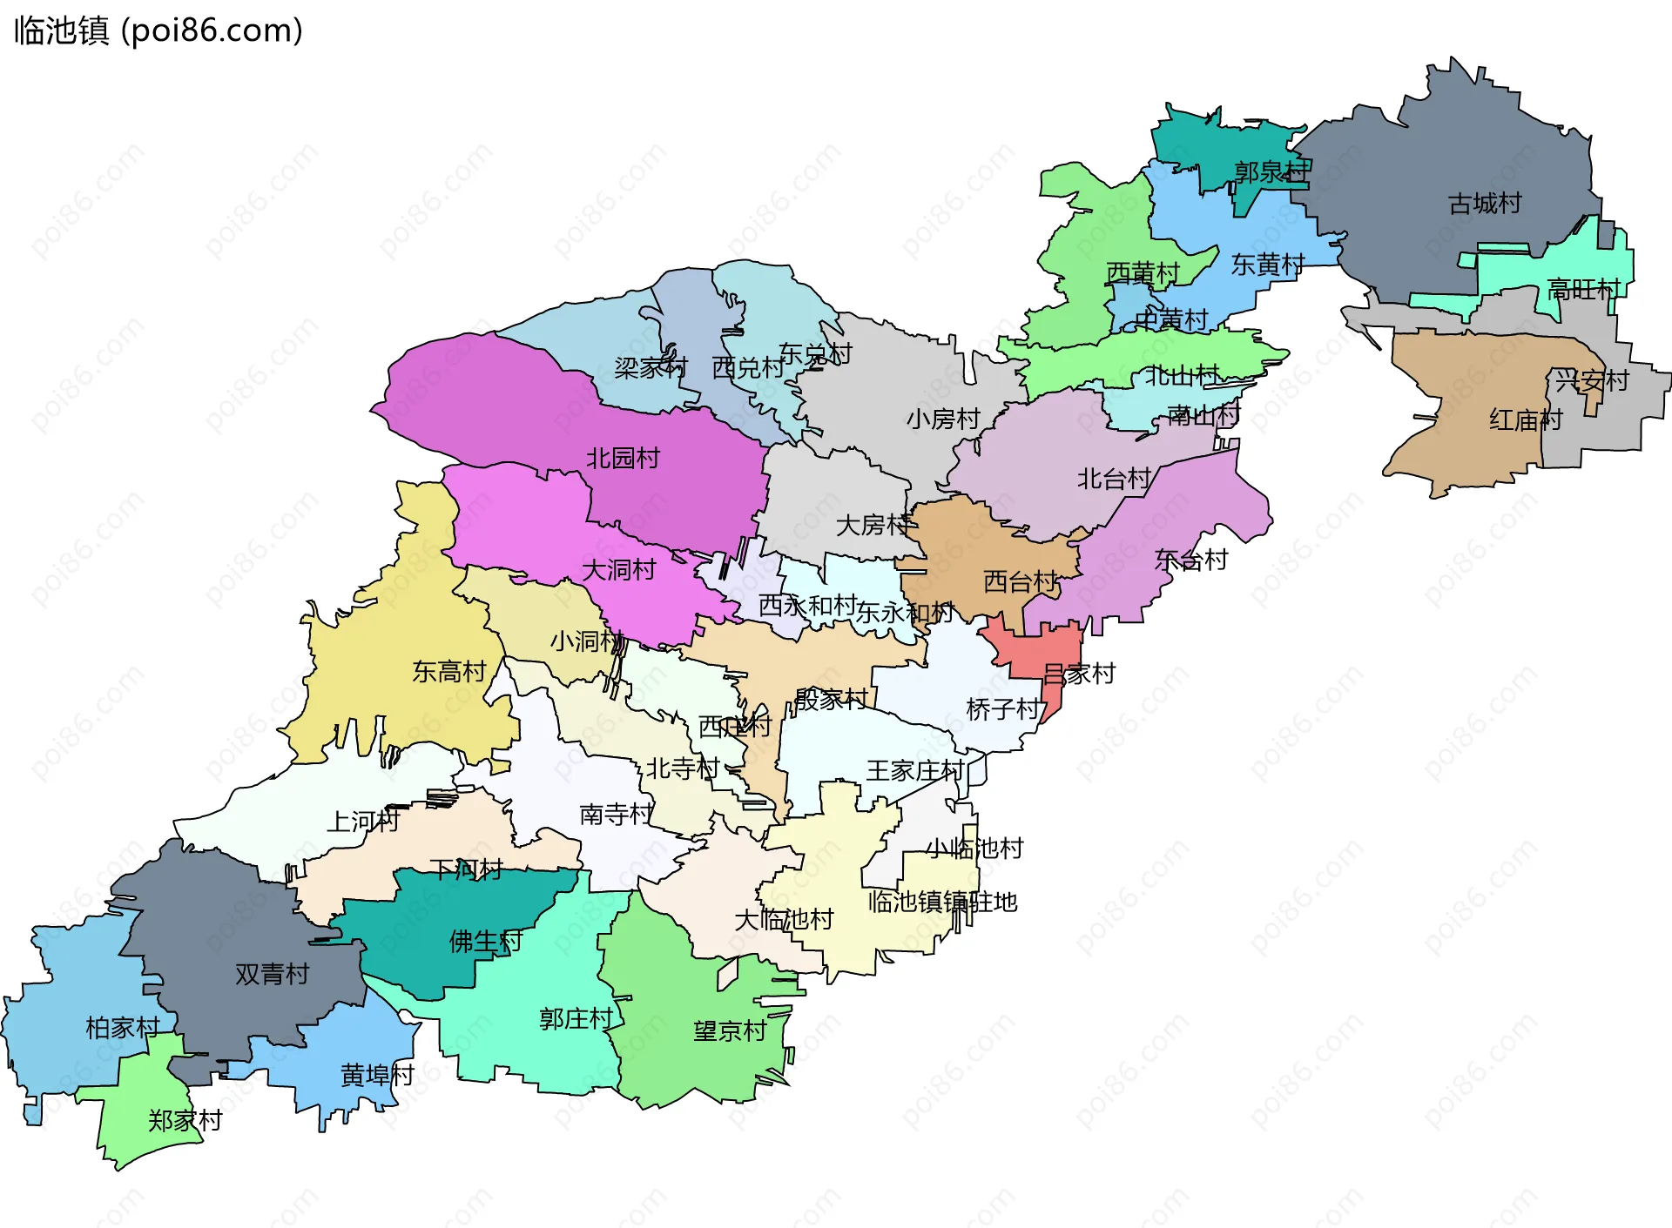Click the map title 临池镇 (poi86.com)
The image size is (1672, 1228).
(x=158, y=30)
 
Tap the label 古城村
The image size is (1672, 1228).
(x=1484, y=204)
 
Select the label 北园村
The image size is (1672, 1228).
(x=623, y=458)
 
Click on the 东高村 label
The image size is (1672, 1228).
(x=448, y=671)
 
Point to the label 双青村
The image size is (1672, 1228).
(x=272, y=974)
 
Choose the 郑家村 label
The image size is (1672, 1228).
(x=185, y=1120)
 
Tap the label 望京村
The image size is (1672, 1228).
(x=730, y=1031)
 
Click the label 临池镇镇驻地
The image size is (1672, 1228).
(x=942, y=902)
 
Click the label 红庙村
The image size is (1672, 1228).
(x=1525, y=420)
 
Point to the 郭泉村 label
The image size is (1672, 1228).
(x=1271, y=171)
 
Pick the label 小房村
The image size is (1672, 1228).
(x=943, y=419)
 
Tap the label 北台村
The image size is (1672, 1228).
(x=1114, y=479)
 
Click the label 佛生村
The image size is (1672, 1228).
(x=485, y=941)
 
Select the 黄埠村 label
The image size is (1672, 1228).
(x=377, y=1075)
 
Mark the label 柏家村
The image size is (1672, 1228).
(x=122, y=1028)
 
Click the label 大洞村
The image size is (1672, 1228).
(x=618, y=570)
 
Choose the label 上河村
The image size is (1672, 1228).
(x=362, y=821)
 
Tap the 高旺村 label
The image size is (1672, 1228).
(x=1582, y=289)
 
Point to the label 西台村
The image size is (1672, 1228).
(x=1020, y=581)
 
